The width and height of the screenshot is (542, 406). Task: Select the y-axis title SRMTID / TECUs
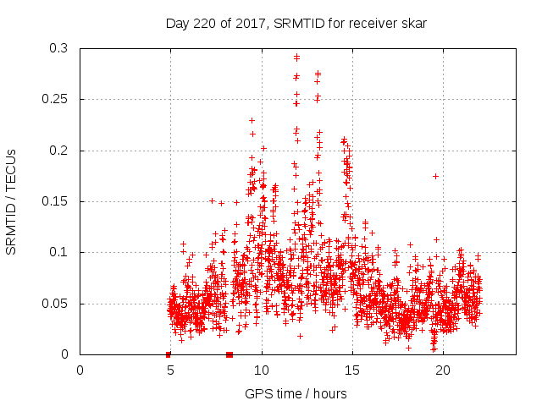point(12,201)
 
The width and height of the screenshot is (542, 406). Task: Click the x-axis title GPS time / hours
point(296,393)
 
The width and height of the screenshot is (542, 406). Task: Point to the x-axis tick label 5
point(171,370)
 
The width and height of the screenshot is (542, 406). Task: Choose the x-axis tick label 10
point(262,370)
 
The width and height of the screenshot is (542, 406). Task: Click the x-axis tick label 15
point(352,370)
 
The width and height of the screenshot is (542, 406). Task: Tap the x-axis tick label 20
point(443,370)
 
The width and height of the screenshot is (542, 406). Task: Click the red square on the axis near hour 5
point(169,354)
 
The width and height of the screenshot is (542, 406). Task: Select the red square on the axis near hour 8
point(230,354)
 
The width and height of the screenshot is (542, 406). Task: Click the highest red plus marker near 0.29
point(296,58)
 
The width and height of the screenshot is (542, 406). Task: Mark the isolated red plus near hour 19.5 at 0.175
point(435,176)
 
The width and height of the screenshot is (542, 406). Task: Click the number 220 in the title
point(206,24)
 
